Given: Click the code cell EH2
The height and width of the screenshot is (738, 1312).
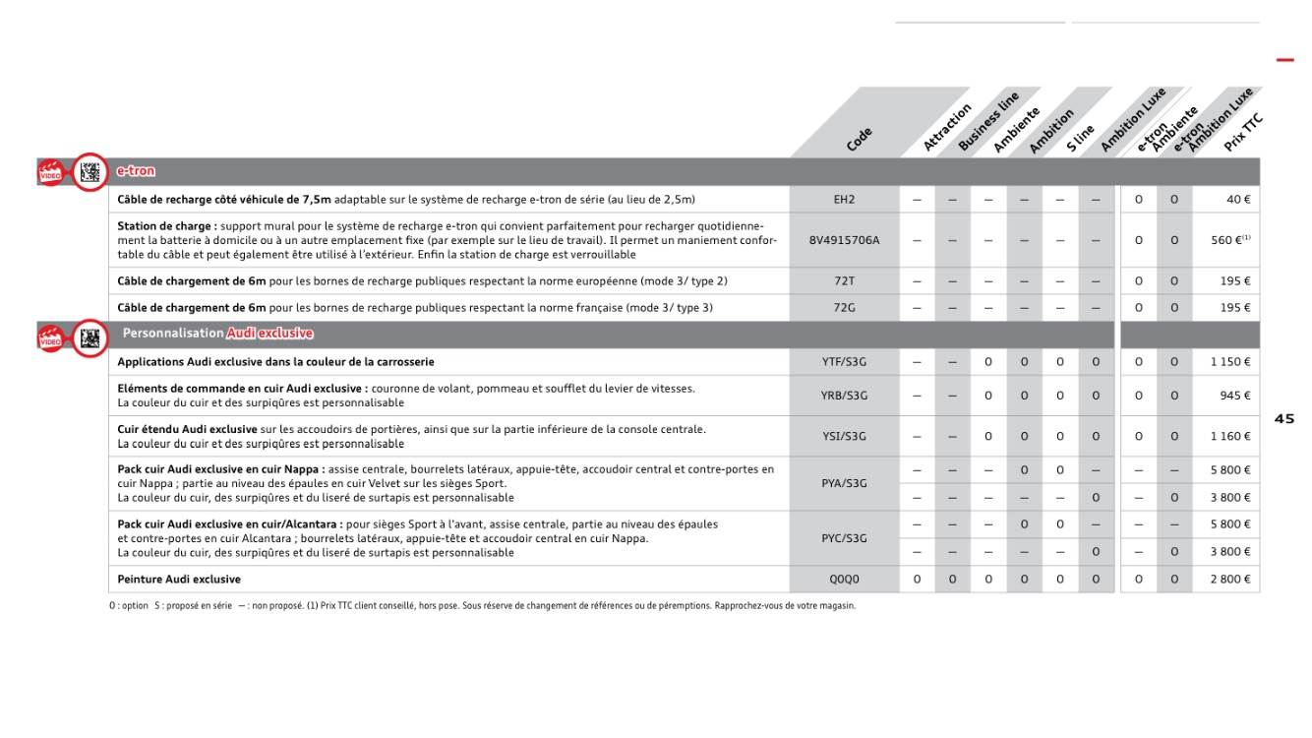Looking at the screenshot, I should [x=844, y=200].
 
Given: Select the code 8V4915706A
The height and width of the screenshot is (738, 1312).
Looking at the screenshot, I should [x=844, y=240].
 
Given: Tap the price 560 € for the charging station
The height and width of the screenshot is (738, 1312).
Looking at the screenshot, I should [x=1229, y=240].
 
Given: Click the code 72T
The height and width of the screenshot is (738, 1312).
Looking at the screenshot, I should [x=844, y=281].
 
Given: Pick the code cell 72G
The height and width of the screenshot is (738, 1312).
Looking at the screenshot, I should [x=844, y=308].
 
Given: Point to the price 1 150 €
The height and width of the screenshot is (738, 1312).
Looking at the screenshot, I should [x=1230, y=362].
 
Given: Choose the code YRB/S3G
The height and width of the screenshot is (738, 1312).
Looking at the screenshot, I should [x=844, y=396].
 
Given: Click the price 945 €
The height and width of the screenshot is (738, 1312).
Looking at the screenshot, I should [x=1235, y=396].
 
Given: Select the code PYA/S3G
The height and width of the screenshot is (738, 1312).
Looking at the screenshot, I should [x=844, y=484].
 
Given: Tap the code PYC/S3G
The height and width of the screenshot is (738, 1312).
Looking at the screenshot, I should [x=844, y=538].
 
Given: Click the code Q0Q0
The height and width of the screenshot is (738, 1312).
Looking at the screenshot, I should [x=844, y=580].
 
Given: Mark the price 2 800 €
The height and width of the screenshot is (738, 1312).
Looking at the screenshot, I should [x=1230, y=580].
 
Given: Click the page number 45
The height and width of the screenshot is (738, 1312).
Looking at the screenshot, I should [x=1284, y=419].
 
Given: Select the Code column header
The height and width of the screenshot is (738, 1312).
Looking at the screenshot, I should [x=859, y=140].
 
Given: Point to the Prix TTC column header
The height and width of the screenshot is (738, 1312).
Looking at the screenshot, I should [x=1243, y=133].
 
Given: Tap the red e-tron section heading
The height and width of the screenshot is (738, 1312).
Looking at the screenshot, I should [x=136, y=171].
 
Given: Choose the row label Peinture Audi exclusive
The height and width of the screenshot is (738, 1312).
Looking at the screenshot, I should [x=179, y=580].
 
